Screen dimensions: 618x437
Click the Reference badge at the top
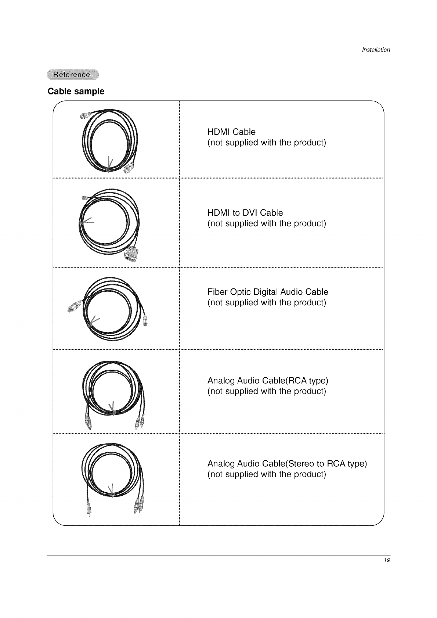tap(72, 75)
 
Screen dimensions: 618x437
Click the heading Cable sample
tap(76, 91)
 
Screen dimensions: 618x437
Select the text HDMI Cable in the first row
tap(231, 132)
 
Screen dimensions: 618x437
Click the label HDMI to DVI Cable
tap(245, 213)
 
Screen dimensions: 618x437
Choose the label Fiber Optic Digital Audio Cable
tap(268, 292)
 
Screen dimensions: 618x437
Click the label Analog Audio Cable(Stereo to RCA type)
tap(287, 464)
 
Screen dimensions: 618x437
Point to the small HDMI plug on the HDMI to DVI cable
tap(85, 198)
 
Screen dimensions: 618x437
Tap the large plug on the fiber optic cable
tap(74, 305)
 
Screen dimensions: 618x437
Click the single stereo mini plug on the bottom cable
tap(88, 509)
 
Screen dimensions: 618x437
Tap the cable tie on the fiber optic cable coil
tap(93, 321)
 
